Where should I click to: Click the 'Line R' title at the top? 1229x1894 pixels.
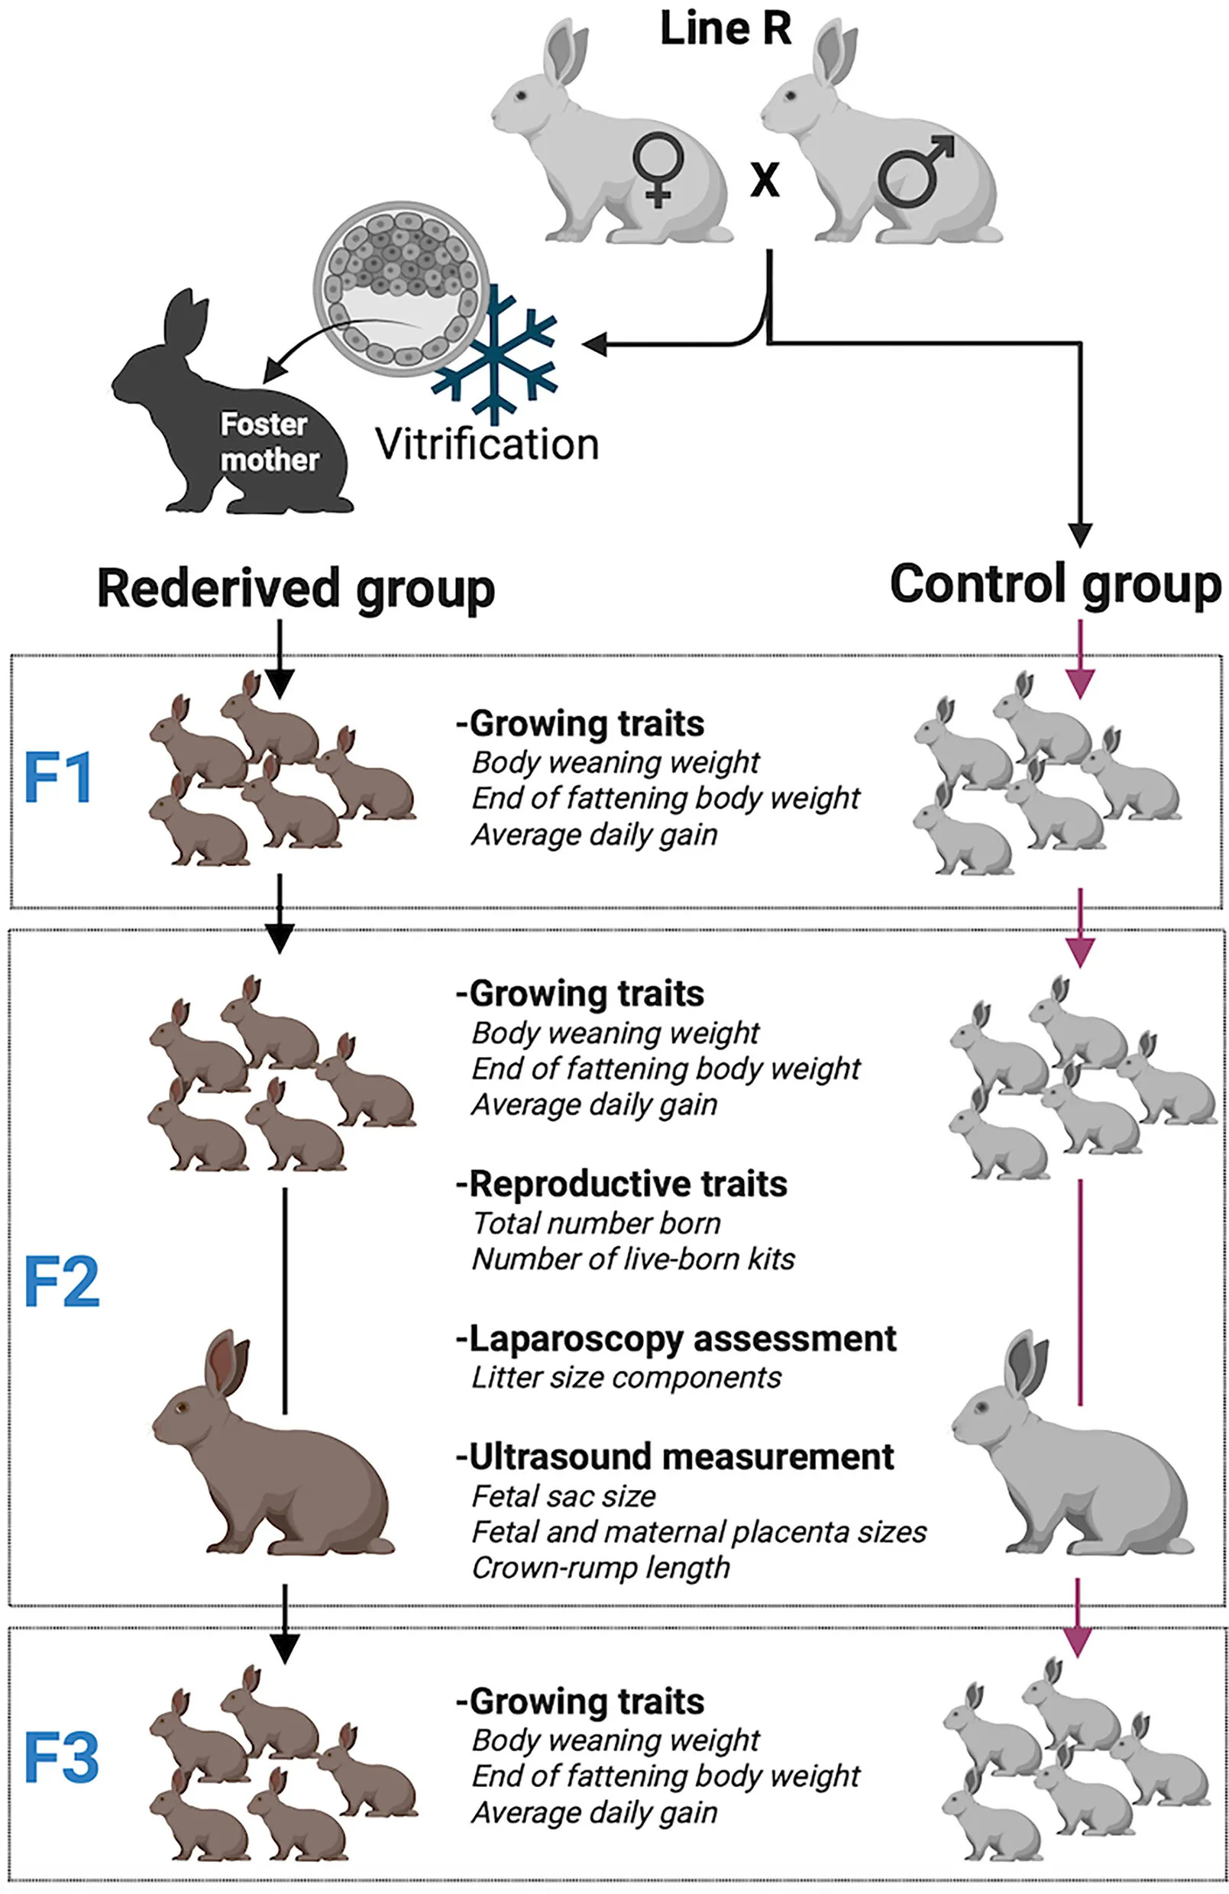pos(725,29)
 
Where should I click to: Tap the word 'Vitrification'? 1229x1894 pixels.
pos(487,444)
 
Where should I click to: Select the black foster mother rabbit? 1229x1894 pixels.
pos(231,414)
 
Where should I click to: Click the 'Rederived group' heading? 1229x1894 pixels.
pos(296,589)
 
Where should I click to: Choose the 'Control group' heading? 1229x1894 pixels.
pos(1056,584)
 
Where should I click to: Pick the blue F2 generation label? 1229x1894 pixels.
pos(61,1282)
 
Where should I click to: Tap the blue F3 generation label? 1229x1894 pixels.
pos(61,1758)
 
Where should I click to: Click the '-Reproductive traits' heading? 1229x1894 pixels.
pos(621,1185)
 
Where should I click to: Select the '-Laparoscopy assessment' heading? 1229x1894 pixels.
pos(676,1339)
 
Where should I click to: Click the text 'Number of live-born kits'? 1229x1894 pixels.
pos(632,1259)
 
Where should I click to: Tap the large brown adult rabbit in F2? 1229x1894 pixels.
pos(270,1456)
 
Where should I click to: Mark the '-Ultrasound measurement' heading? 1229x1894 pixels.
pos(674,1456)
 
